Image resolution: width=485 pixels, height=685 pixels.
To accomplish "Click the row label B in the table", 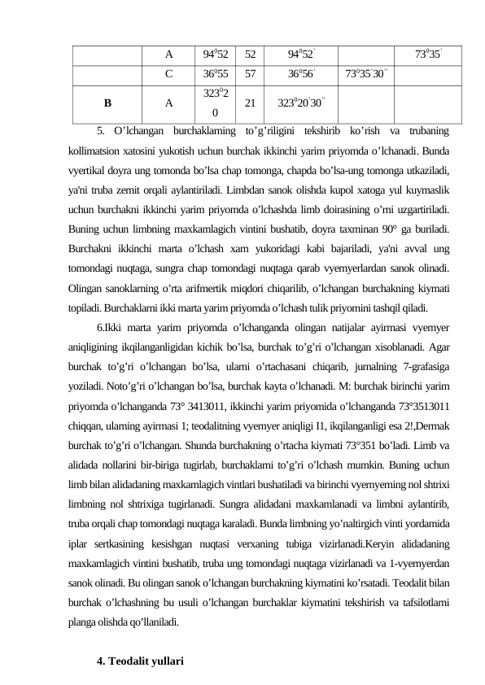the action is [107, 103].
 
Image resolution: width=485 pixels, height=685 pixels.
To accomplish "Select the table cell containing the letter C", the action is [168, 73].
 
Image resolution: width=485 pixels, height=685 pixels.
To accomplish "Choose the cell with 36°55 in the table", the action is [216, 73].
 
